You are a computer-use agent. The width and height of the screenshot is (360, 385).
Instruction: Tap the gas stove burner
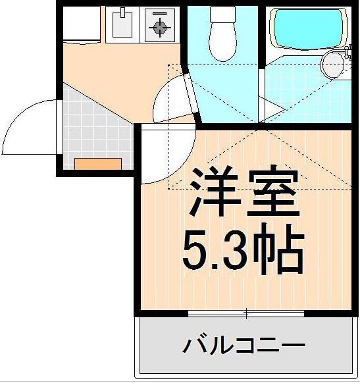pos(159,26)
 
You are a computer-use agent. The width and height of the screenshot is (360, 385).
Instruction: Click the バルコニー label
pos(244,345)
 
